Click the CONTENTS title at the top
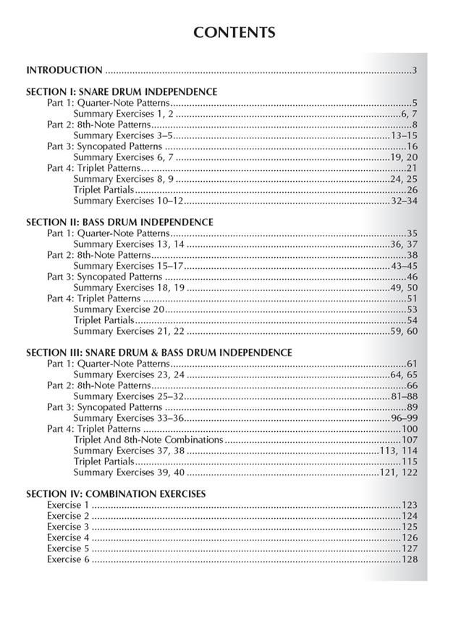234,33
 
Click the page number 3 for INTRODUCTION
415,70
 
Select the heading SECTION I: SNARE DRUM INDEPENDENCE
122,92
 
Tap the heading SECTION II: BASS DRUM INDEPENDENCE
119,222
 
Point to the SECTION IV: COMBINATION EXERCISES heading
116,493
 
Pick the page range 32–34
404,201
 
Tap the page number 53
412,309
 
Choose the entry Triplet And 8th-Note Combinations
148,439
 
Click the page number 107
410,440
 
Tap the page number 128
410,559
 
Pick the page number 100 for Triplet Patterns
410,429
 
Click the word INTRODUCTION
64,70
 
